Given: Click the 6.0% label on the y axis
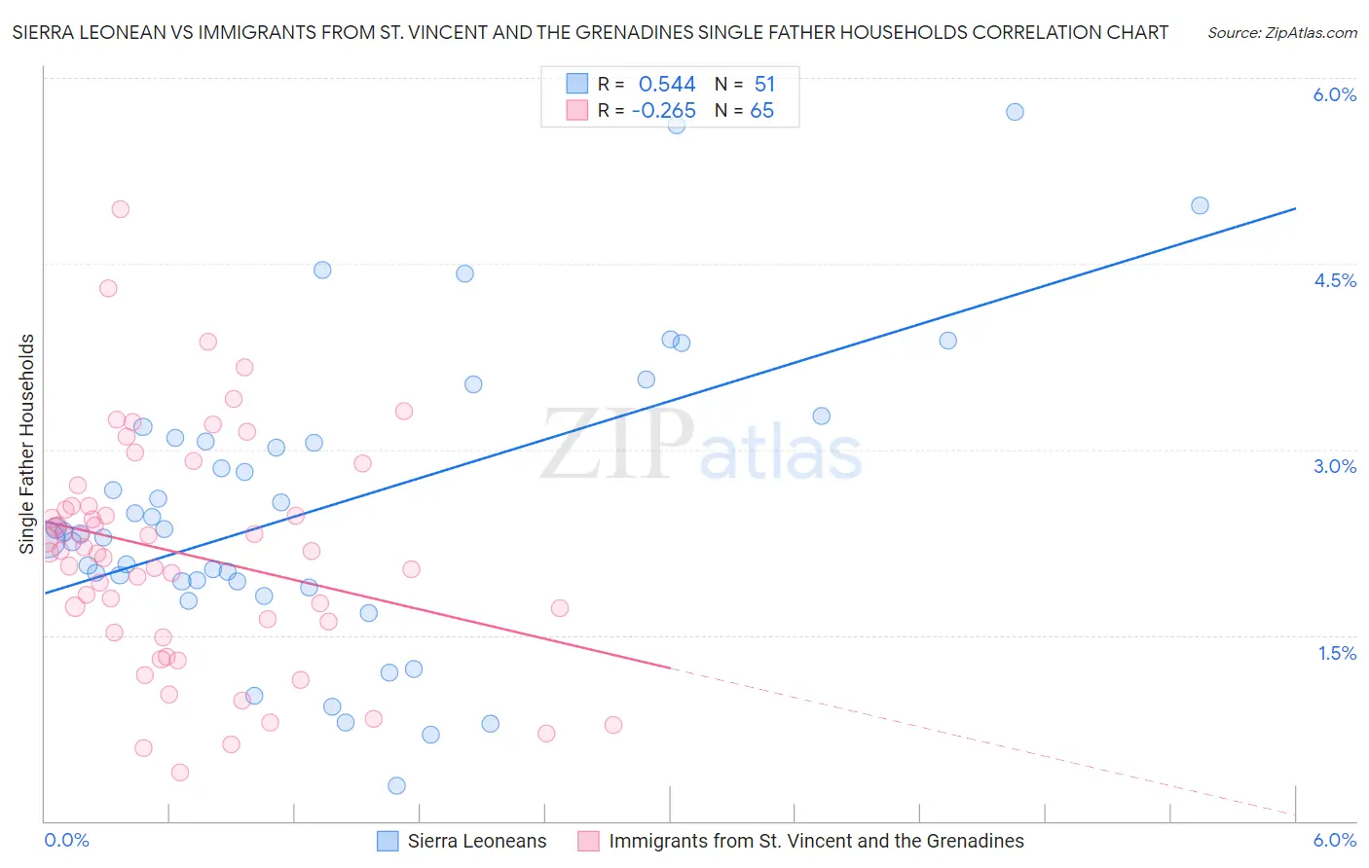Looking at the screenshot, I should [1334, 94].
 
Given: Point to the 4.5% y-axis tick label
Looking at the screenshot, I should [1334, 280].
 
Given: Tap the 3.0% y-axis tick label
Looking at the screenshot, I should [1334, 466].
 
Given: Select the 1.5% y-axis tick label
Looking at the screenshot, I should [1337, 653].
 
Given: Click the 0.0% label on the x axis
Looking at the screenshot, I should [66, 840].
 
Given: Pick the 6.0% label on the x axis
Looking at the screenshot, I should [1334, 840].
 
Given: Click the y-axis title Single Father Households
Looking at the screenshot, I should [26, 444].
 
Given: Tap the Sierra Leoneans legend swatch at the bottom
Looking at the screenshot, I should [388, 841].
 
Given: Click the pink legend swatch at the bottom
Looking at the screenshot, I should [588, 841].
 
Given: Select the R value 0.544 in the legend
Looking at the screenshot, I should [667, 85].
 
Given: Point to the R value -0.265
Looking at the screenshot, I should [663, 111].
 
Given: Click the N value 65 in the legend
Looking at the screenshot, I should [761, 111].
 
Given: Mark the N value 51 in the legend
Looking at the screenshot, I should [764, 85].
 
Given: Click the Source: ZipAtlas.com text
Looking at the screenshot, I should [1281, 32].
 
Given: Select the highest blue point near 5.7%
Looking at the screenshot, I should [1015, 112].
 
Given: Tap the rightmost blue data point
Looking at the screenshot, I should [1200, 205].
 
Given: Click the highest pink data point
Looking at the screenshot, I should [121, 209].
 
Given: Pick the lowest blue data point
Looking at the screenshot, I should [396, 785].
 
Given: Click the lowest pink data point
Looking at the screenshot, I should [180, 773].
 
